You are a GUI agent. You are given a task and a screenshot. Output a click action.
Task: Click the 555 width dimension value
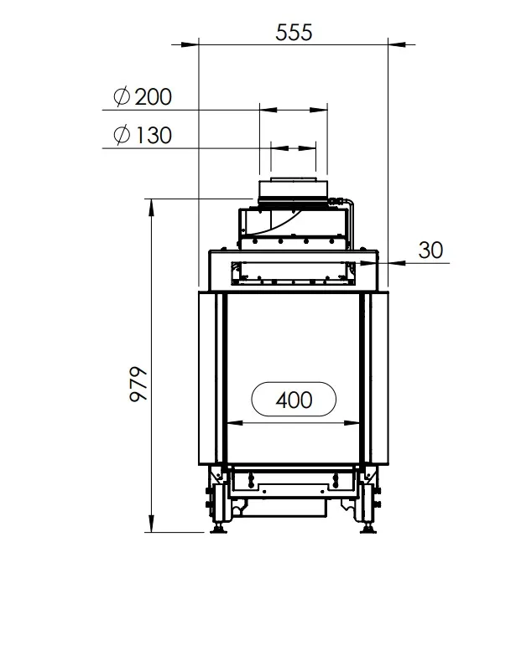(294, 33)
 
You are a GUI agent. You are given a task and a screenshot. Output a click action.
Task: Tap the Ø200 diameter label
(143, 96)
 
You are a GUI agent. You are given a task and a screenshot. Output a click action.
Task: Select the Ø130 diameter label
(143, 135)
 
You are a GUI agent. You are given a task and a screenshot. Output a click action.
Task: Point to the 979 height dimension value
(138, 384)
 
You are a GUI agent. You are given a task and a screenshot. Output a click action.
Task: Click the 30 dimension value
(430, 250)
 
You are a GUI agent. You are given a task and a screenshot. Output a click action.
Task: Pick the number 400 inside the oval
(294, 400)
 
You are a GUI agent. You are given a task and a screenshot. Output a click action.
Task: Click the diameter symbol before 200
(122, 96)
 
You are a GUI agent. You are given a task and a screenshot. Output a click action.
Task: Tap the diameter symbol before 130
(122, 135)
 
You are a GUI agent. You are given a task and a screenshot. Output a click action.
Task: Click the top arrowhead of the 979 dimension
(151, 208)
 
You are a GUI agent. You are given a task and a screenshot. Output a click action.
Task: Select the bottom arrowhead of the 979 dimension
(151, 523)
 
